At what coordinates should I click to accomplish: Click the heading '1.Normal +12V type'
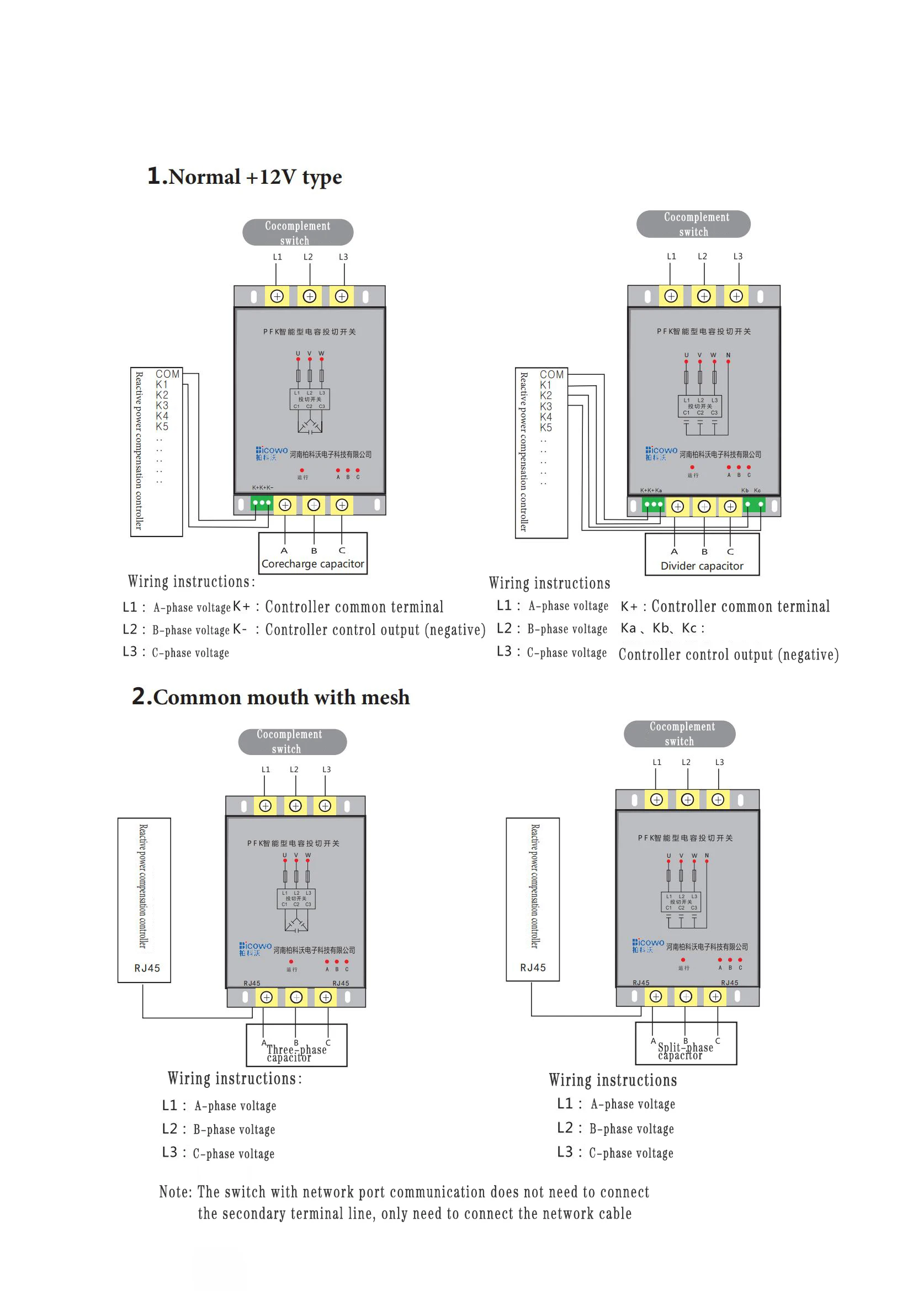[244, 177]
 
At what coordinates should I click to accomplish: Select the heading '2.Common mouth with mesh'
[270, 697]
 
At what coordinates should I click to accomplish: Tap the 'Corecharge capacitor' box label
[312, 564]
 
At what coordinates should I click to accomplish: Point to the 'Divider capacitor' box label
[702, 566]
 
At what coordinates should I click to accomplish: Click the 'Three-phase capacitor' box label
[296, 1053]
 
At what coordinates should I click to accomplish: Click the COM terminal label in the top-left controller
[168, 374]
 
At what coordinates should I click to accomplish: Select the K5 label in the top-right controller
[545, 427]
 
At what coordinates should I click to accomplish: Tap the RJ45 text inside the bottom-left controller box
[147, 968]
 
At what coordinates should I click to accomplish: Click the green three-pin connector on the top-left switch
[262, 503]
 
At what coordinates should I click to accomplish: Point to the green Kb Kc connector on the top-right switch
[754, 504]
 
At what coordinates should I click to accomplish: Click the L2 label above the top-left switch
[308, 257]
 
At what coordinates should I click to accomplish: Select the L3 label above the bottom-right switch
[719, 762]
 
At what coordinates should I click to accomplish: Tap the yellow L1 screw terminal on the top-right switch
[671, 296]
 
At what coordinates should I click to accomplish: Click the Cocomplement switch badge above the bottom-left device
[293, 742]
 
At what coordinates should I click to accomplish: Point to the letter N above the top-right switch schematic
[728, 355]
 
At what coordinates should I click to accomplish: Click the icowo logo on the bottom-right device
[647, 945]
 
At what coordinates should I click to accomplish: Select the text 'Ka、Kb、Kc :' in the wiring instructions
[662, 628]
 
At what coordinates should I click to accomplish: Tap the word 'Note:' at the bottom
[176, 1192]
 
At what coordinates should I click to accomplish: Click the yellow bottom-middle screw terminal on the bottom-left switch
[296, 997]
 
